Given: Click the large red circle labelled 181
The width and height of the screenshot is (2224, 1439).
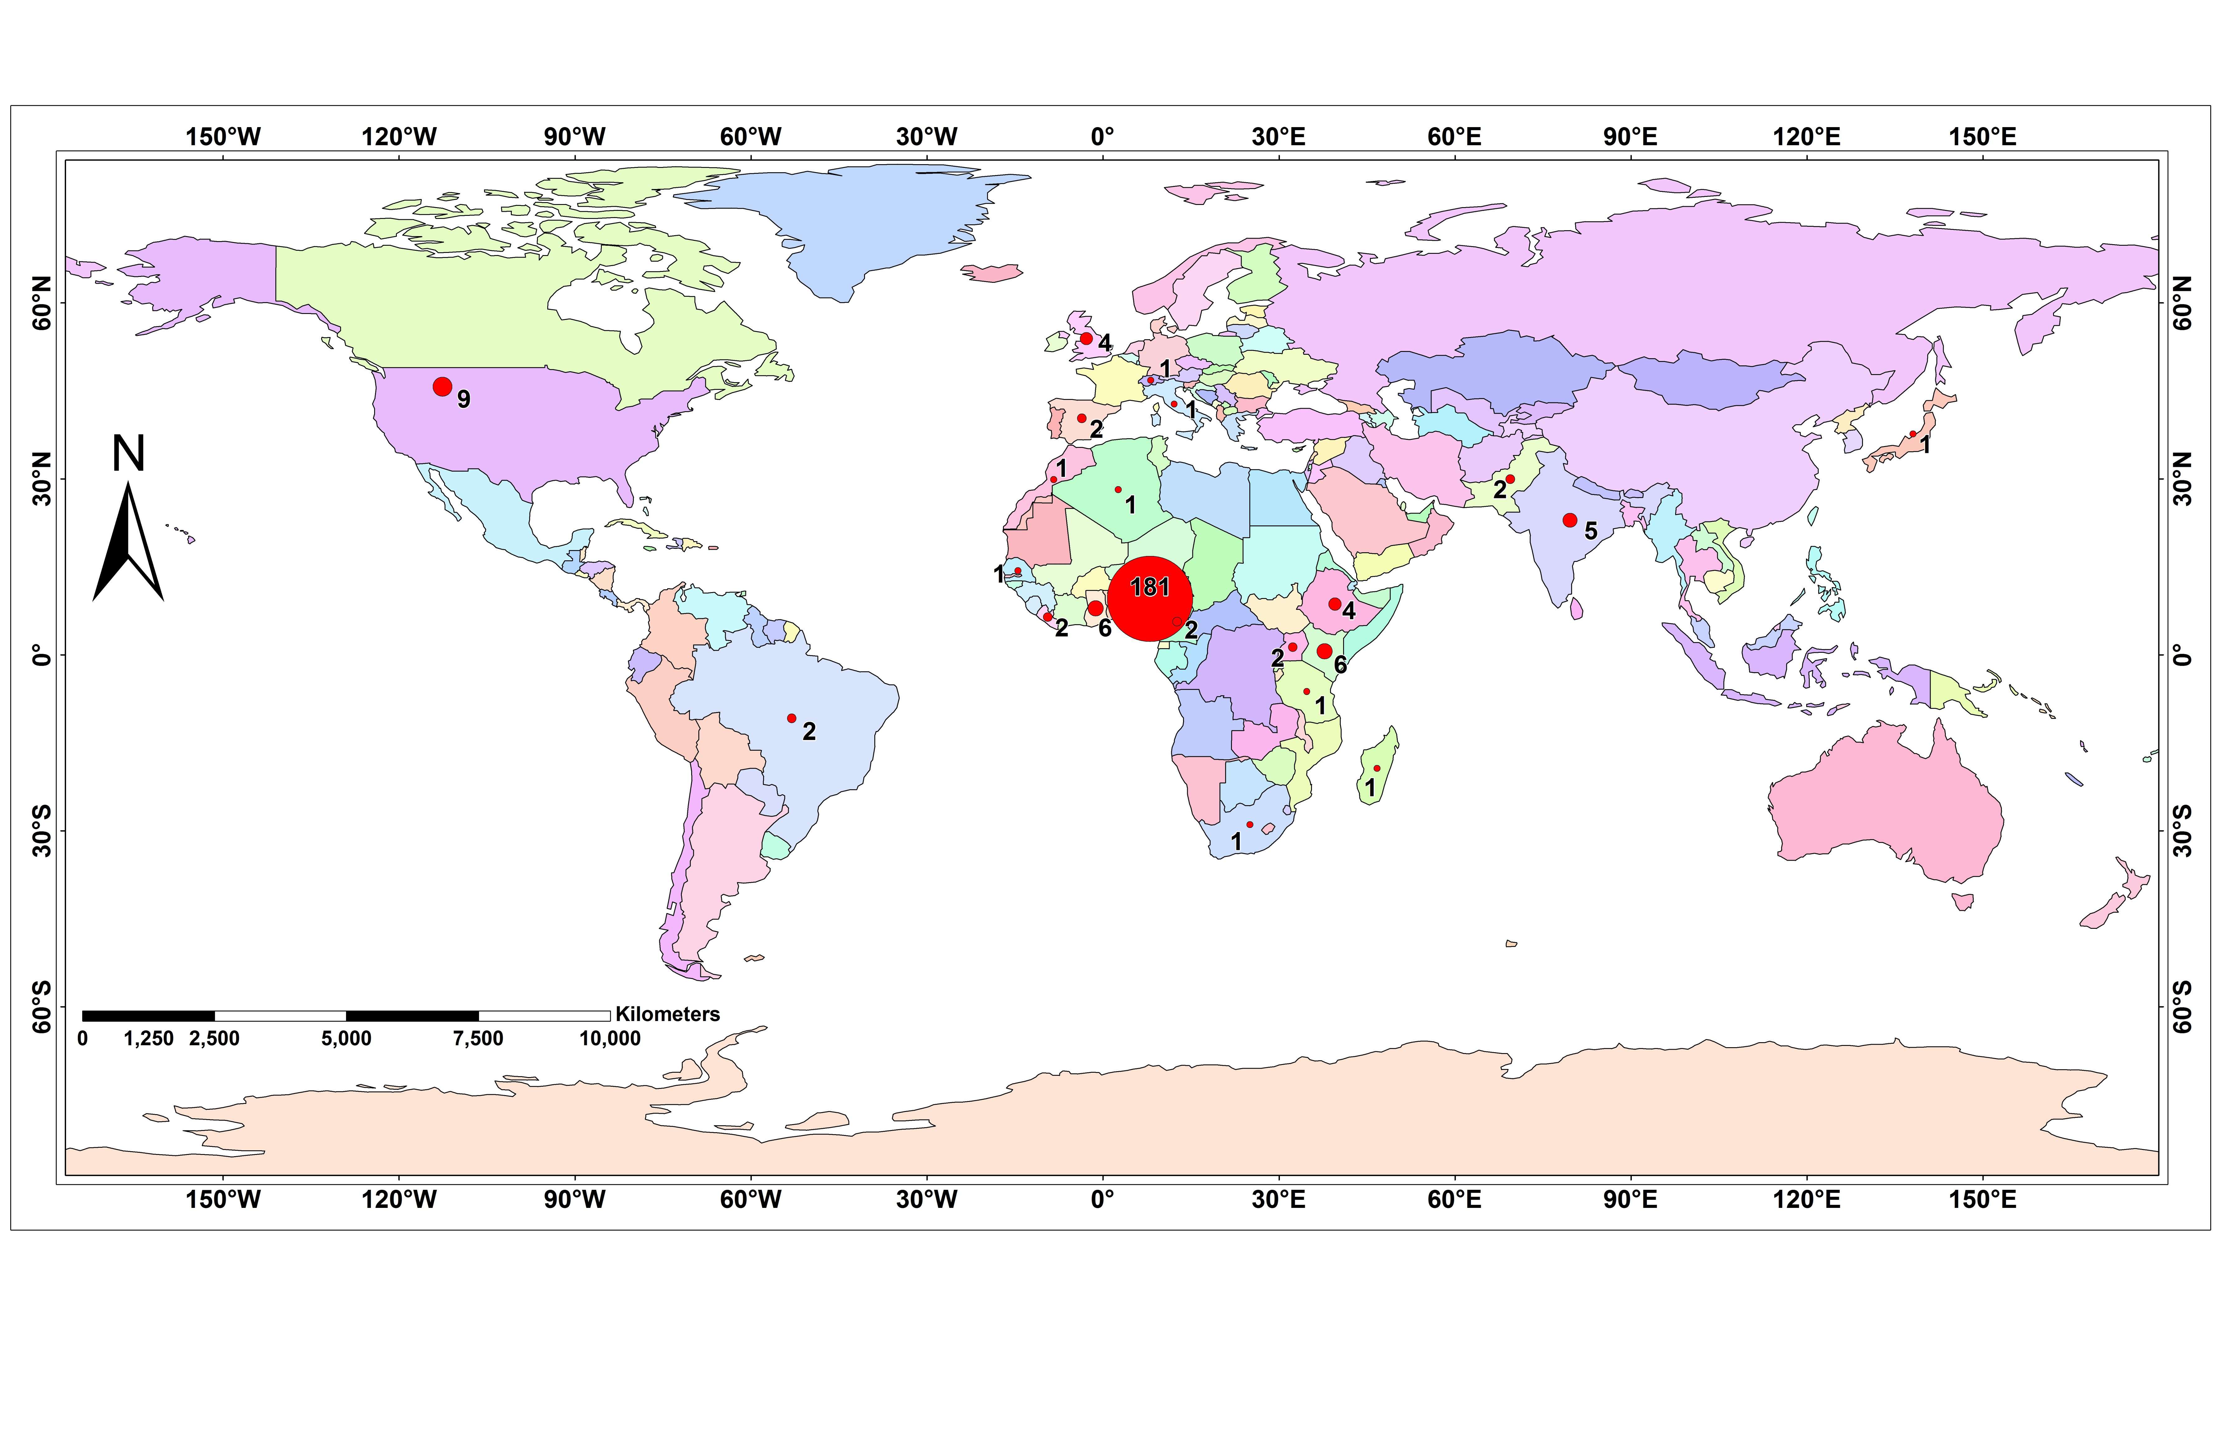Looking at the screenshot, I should (1150, 599).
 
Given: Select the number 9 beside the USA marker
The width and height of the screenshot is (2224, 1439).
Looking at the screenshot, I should (463, 400).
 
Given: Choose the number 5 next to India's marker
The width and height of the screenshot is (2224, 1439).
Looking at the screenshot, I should (1590, 532).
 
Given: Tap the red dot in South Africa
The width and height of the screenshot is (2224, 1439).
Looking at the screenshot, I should (1250, 824).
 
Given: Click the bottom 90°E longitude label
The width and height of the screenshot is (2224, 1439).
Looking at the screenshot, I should (1631, 1200).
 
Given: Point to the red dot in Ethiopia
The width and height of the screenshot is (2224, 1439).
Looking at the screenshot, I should (1334, 604).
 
